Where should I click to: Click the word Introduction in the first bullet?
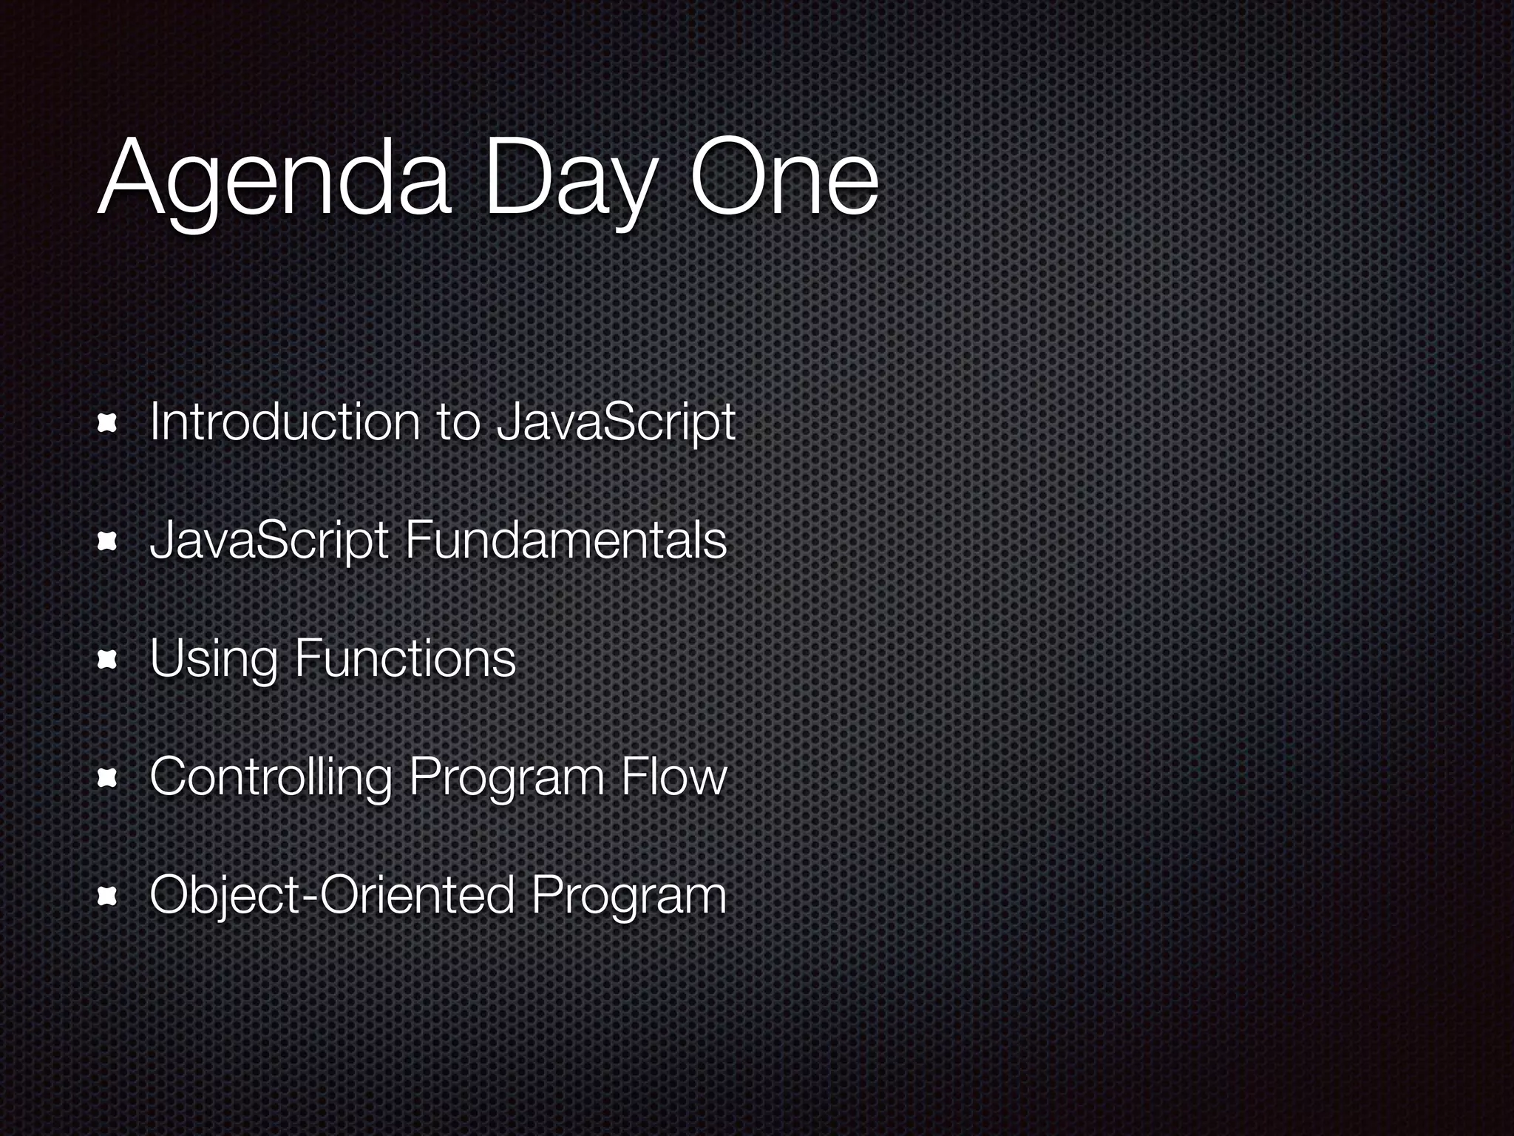point(285,422)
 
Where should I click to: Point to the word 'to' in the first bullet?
point(458,424)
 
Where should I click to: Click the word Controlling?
point(271,779)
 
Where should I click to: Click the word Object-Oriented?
point(332,896)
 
